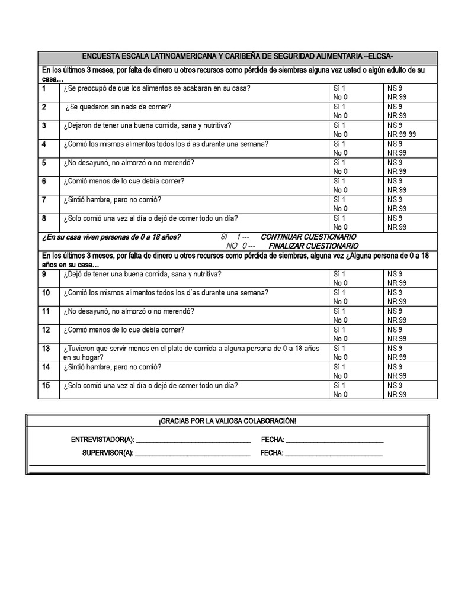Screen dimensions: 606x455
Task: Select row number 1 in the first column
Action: pos(44,89)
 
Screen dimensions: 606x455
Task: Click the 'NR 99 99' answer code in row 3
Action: pos(402,134)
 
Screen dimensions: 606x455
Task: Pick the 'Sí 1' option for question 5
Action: pos(339,162)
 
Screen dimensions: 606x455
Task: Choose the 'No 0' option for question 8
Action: pos(340,227)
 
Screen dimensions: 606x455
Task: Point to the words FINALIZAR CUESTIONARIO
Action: pos(313,245)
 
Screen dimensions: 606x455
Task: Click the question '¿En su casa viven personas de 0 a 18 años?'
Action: pos(111,237)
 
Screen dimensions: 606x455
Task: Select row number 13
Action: pos(46,348)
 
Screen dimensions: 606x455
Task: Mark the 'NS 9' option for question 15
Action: pos(395,385)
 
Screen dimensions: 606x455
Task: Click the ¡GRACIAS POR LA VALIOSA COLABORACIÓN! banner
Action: pos(227,420)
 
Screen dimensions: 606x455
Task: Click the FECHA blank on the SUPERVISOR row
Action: pos(334,454)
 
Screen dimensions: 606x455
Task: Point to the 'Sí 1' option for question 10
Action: pos(339,292)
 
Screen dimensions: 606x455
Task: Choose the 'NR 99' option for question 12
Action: pos(398,339)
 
